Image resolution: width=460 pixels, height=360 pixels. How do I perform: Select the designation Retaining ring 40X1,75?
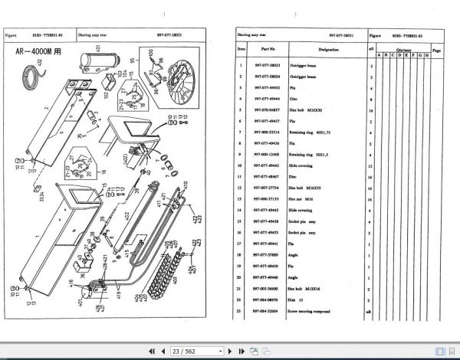(x=316, y=132)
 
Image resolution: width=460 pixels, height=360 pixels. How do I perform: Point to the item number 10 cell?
(x=241, y=165)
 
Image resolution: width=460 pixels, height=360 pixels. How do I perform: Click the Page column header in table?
(x=435, y=50)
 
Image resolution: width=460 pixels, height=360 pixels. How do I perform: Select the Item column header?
(x=241, y=50)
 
